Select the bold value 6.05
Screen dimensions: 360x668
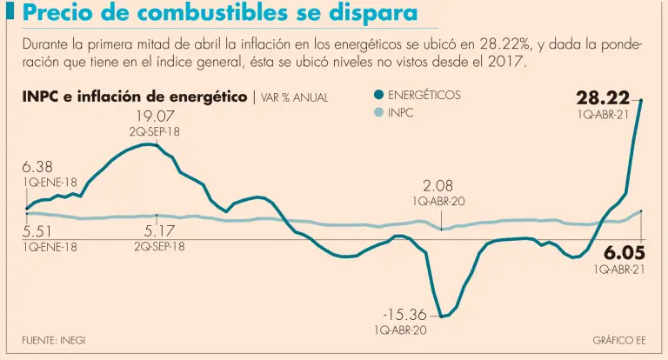(x=624, y=253)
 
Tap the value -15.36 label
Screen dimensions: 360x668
(x=404, y=315)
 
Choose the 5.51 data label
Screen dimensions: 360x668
(x=38, y=231)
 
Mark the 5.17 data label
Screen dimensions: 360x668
(x=159, y=231)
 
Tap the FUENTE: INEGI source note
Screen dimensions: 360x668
(x=54, y=339)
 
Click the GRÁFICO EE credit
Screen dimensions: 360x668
(x=619, y=339)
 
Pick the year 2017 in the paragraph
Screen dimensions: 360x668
(x=508, y=64)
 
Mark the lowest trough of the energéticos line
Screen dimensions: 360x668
(x=442, y=317)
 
